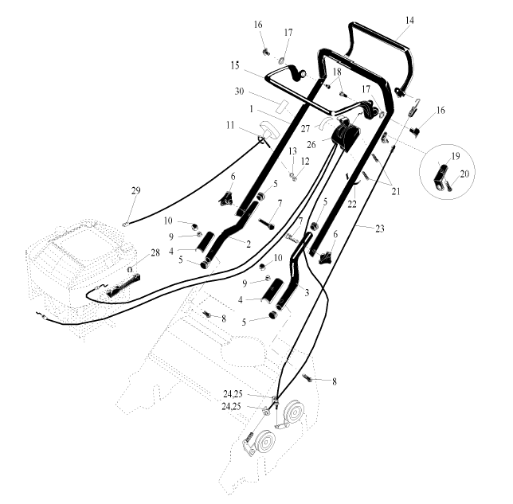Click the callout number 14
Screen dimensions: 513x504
[x=409, y=20]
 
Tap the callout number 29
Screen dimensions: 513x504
[x=135, y=190]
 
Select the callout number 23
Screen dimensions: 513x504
[x=379, y=229]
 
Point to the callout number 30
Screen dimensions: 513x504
[x=240, y=92]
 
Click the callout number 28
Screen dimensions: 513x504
[x=155, y=252]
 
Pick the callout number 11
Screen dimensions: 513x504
[x=230, y=125]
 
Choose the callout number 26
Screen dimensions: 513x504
[x=311, y=144]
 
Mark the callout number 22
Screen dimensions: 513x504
[x=352, y=205]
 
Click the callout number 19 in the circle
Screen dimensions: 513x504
[x=456, y=156]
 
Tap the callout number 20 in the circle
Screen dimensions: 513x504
[x=464, y=174]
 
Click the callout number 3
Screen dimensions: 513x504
[x=307, y=293]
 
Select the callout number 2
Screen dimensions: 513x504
[x=249, y=244]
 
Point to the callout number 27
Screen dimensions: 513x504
[x=305, y=129]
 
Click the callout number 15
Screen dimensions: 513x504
[x=235, y=65]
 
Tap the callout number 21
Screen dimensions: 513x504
[x=396, y=191]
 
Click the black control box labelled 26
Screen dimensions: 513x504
[x=346, y=137]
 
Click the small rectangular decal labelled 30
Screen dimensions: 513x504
[x=282, y=107]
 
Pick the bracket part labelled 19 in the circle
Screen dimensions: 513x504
[x=441, y=174]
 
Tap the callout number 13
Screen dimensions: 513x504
[x=292, y=151]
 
